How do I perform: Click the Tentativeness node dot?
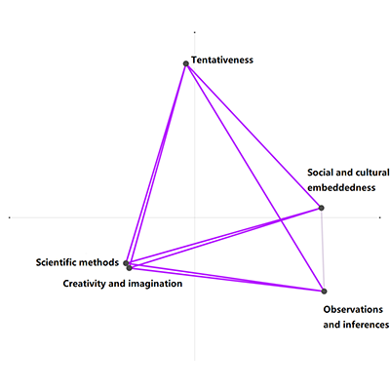[x=186, y=63]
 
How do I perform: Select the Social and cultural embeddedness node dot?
[x=321, y=208]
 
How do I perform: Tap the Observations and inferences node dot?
[x=324, y=292]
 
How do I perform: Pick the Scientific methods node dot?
[x=126, y=263]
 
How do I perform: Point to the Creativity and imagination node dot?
[x=130, y=268]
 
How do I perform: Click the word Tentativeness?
[x=222, y=60]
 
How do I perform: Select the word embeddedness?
[x=341, y=187]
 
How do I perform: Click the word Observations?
[x=353, y=309]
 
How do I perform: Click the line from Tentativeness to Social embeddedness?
[x=253, y=136]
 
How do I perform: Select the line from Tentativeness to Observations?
[x=255, y=177]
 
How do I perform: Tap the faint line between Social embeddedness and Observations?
[x=323, y=250]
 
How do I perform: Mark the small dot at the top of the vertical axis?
[x=194, y=32]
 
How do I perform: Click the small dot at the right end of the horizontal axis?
[x=380, y=217]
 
